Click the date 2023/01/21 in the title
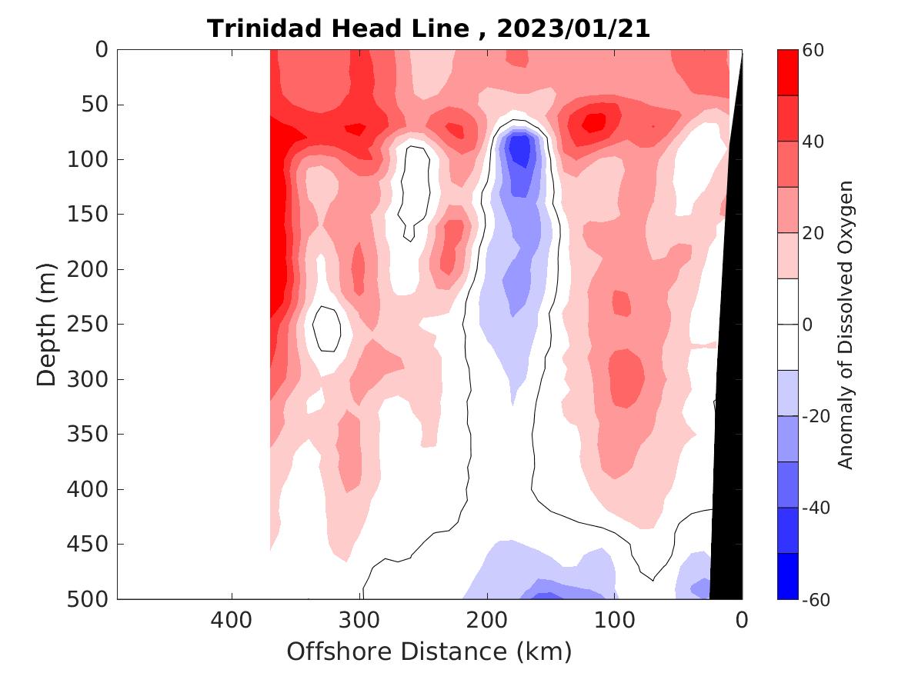pos(573,28)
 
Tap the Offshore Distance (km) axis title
pos(429,651)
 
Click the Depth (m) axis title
pos(48,324)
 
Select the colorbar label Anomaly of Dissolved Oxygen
pos(846,324)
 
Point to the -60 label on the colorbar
pos(819,598)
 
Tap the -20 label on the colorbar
pos(819,416)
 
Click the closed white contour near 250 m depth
pos(327,328)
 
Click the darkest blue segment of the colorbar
pos(787,576)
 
